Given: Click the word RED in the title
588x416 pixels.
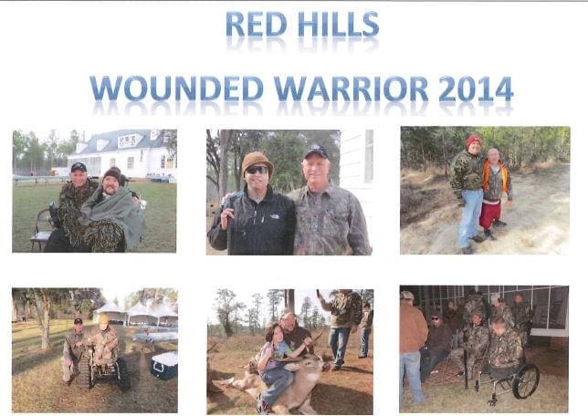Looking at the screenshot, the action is [257, 24].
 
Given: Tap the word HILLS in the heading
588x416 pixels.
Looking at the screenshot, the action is [339, 24].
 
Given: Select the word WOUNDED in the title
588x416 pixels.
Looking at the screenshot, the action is [176, 88].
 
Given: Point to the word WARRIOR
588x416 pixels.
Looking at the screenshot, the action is [351, 88].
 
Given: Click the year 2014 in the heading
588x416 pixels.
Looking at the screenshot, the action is [476, 88].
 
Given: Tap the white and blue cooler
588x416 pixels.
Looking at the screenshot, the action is [164, 365].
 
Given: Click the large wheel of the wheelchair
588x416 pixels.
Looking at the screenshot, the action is [526, 381].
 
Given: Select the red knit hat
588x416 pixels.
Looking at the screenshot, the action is [474, 140].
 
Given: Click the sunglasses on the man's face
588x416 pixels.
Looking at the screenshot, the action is [257, 170].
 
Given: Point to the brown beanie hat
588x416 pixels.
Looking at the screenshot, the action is [257, 161].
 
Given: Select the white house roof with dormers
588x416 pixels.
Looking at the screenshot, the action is [124, 140].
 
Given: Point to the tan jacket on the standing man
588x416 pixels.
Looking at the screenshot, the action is [413, 326].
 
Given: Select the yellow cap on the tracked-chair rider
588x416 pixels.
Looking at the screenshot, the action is [102, 319].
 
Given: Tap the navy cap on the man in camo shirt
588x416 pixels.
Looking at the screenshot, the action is [315, 151].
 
